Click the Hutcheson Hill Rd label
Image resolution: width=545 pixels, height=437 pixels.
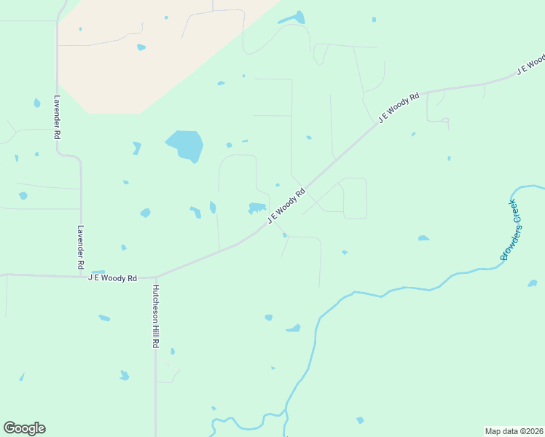pyautogui.click(x=155, y=316)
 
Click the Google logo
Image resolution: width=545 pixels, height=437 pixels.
pyautogui.click(x=24, y=428)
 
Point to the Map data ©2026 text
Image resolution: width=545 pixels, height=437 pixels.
pyautogui.click(x=514, y=430)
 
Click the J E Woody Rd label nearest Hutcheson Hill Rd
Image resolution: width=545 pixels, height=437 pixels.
pyautogui.click(x=112, y=277)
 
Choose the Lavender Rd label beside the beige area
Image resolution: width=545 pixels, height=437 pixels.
pyautogui.click(x=57, y=117)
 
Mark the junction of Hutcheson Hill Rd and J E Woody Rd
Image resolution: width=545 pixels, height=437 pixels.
pyautogui.click(x=155, y=277)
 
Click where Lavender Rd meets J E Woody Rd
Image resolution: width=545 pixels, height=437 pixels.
pyautogui.click(x=81, y=275)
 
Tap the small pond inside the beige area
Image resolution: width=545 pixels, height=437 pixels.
pyautogui.click(x=141, y=47)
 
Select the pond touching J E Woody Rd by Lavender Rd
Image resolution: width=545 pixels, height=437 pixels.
pyautogui.click(x=98, y=272)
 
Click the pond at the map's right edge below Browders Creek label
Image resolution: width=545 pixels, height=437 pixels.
pyautogui.click(x=533, y=283)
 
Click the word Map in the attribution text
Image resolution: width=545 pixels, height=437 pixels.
pyautogui.click(x=493, y=430)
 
